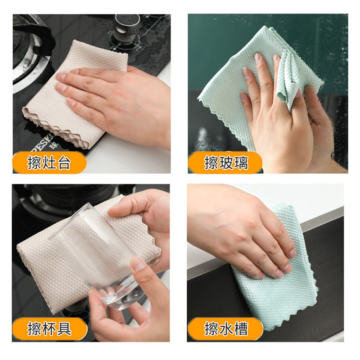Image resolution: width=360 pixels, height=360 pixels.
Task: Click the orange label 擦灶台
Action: tap(49, 162)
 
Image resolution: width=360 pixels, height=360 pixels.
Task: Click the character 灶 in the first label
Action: tap(49, 162)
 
